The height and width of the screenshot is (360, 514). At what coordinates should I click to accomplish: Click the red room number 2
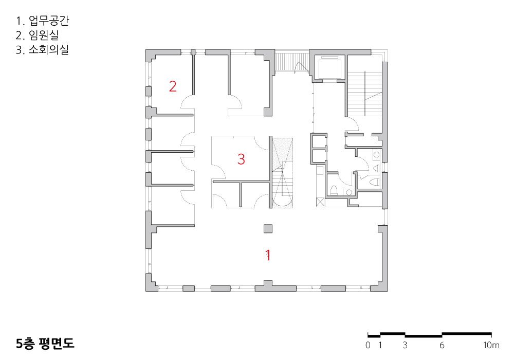tap(173, 86)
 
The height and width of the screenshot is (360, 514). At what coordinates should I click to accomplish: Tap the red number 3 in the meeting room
tap(241, 159)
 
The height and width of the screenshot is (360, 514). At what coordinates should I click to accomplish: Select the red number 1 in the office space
tap(268, 255)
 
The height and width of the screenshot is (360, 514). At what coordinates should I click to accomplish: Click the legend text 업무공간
tap(49, 21)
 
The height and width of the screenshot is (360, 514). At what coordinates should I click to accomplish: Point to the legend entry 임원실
tap(44, 35)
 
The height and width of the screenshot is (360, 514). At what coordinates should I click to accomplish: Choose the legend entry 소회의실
tap(48, 49)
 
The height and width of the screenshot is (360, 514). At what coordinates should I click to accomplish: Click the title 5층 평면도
tap(45, 343)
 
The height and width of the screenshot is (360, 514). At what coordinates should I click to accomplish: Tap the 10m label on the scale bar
tap(491, 345)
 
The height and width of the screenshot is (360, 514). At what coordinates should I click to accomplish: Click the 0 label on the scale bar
tap(368, 345)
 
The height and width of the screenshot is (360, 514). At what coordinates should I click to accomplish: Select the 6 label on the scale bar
tap(442, 345)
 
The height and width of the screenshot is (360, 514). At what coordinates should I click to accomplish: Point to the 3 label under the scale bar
tap(405, 345)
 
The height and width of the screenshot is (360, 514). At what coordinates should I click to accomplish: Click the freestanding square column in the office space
tap(268, 228)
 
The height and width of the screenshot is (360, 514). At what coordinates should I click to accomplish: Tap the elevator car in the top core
tap(329, 68)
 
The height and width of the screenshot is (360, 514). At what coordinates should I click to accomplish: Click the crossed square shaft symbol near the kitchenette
tap(320, 202)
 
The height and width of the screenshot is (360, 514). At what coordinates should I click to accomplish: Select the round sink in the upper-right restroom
tap(376, 154)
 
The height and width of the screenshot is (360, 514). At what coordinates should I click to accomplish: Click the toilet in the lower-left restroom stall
tap(334, 190)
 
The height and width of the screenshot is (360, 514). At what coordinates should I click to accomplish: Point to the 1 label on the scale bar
tap(380, 345)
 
